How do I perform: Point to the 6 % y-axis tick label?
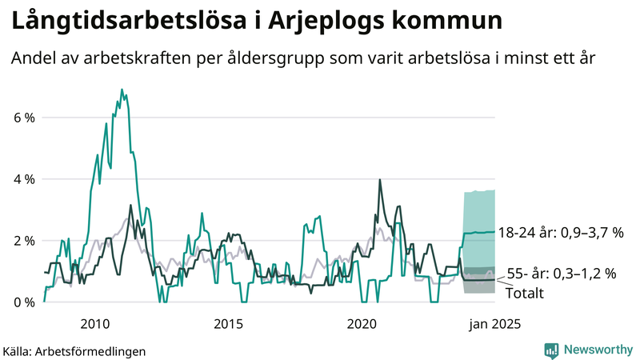pyautogui.click(x=24, y=118)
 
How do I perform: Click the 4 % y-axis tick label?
pyautogui.click(x=24, y=179)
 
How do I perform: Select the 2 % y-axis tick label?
pyautogui.click(x=24, y=241)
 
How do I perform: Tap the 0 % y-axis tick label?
pyautogui.click(x=24, y=302)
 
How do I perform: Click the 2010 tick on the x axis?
pyautogui.click(x=95, y=324)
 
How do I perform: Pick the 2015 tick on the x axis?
pyautogui.click(x=229, y=324)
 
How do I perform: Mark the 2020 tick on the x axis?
pyautogui.click(x=362, y=324)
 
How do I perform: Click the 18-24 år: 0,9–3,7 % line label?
pyautogui.click(x=560, y=233)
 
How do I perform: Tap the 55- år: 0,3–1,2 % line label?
pyautogui.click(x=561, y=274)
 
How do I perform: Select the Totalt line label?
pyautogui.click(x=525, y=294)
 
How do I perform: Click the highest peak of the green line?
pyautogui.click(x=122, y=90)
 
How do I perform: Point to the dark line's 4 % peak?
pyautogui.click(x=379, y=180)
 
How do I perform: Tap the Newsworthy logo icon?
pyautogui.click(x=551, y=350)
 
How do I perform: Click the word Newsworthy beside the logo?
pyautogui.click(x=599, y=350)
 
